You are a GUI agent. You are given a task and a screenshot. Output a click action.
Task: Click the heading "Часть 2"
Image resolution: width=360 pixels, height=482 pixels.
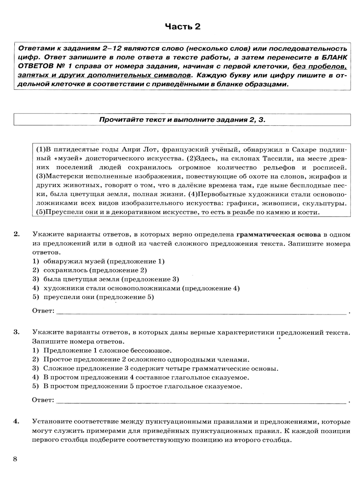182,27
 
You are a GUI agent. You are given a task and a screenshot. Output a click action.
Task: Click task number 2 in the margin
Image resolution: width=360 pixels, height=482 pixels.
16,235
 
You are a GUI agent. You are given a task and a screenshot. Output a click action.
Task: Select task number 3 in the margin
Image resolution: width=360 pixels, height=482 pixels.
16,332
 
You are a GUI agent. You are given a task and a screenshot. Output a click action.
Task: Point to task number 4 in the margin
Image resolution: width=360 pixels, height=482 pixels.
16,421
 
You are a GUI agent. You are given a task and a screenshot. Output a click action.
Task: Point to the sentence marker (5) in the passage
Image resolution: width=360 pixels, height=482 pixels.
42,212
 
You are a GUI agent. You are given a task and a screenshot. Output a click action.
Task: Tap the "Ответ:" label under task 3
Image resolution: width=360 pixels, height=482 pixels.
43,400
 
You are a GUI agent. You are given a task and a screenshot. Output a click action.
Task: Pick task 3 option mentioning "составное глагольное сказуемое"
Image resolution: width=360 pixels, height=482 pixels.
146,378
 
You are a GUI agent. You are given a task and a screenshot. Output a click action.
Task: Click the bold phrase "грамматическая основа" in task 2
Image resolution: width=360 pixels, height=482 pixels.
278,235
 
